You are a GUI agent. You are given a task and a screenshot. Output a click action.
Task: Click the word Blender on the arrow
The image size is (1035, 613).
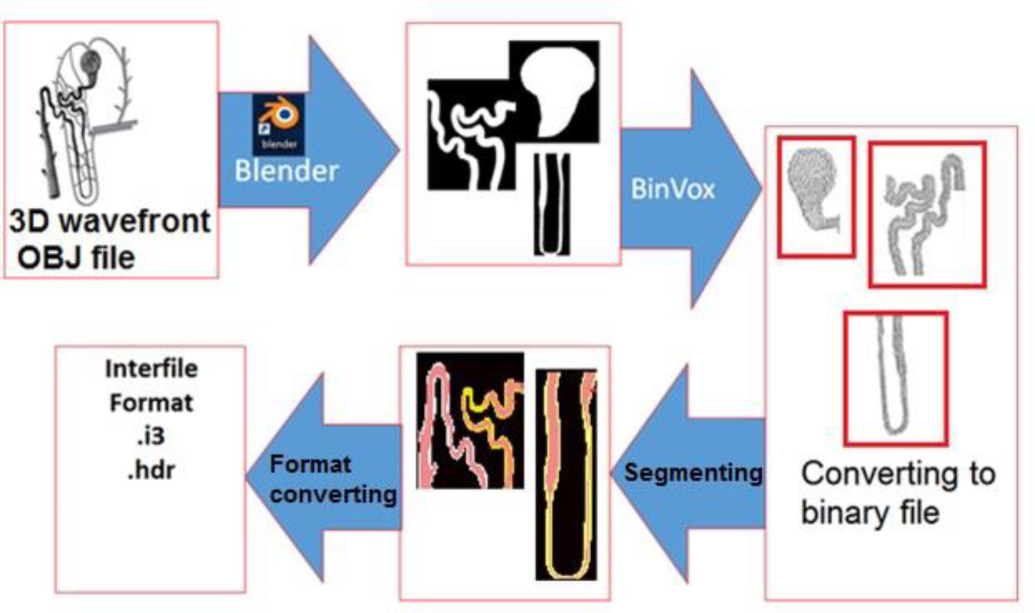click(286, 171)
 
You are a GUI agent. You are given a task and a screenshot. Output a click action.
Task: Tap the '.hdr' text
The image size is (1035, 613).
click(150, 471)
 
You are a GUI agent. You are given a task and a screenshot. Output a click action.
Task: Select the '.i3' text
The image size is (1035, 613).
click(150, 437)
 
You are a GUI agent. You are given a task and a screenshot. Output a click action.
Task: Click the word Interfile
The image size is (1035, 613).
click(151, 369)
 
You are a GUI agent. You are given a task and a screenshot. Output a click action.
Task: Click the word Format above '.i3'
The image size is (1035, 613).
click(151, 403)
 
